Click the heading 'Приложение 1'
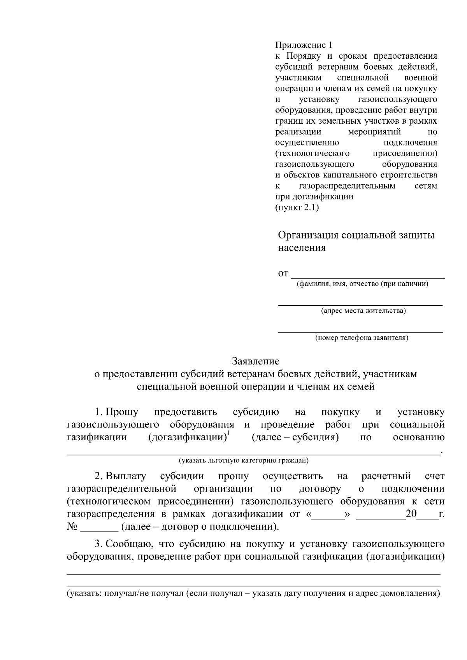pyautogui.click(x=304, y=45)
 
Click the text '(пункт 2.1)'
pyautogui.click(x=297, y=207)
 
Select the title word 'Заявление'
pyautogui.click(x=256, y=361)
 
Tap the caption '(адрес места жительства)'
pyautogui.click(x=363, y=311)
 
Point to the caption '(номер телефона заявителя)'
pyautogui.click(x=362, y=338)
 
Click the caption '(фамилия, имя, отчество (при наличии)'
pyautogui.click(x=362, y=284)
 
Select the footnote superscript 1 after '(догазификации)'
pyautogui.click(x=229, y=434)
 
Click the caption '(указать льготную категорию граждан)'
pyautogui.click(x=244, y=461)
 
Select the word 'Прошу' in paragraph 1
pyautogui.click(x=121, y=412)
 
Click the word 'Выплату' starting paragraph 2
pyautogui.click(x=126, y=476)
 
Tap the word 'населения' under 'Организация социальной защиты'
pyautogui.click(x=301, y=248)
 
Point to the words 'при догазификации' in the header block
pyautogui.click(x=314, y=196)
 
